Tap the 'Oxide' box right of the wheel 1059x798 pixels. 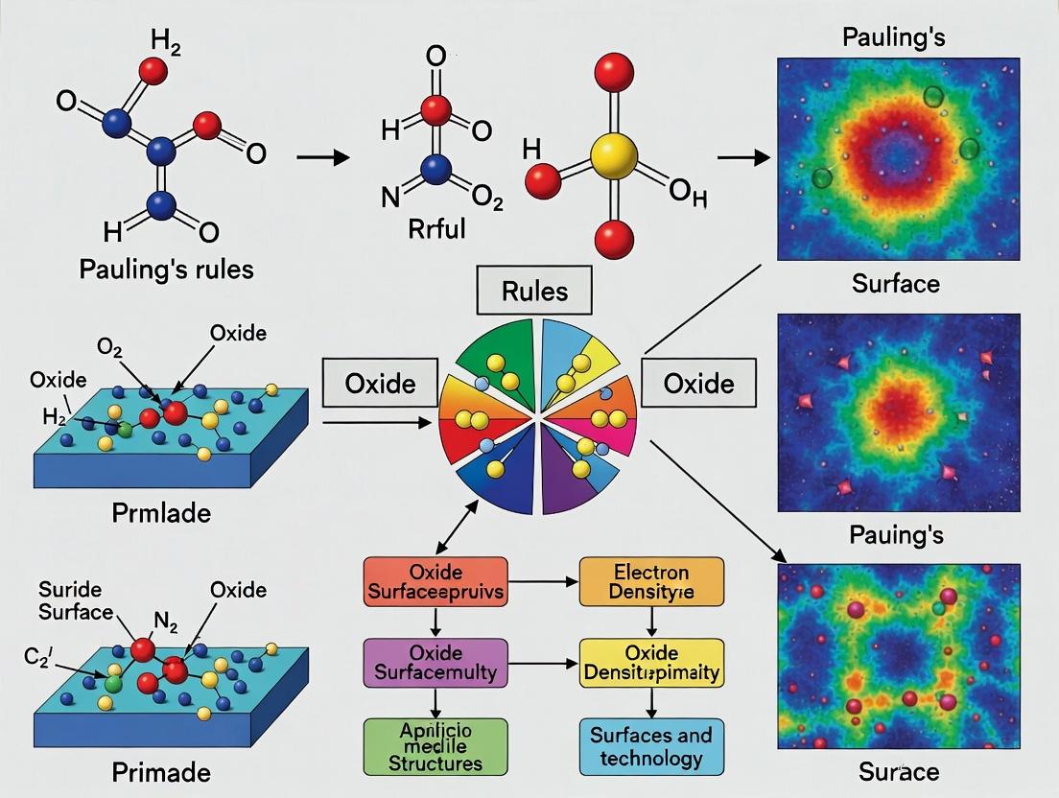pyautogui.click(x=698, y=385)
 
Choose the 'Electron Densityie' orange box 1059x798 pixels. pyautogui.click(x=651, y=581)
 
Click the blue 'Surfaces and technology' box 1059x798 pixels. pyautogui.click(x=651, y=745)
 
